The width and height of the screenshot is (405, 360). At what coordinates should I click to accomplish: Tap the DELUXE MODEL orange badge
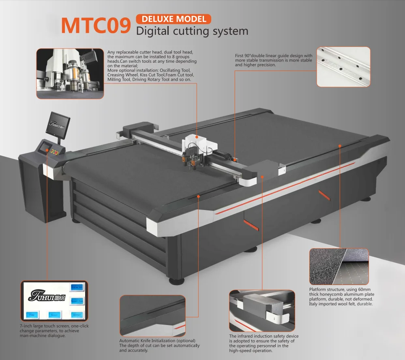pyautogui.click(x=174, y=19)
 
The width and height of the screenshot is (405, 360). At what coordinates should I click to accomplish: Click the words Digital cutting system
pyautogui.click(x=192, y=31)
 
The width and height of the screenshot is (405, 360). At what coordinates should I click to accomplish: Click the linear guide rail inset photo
pyautogui.click(x=343, y=67)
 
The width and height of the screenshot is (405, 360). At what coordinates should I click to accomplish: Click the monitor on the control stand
pyautogui.click(x=58, y=124)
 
